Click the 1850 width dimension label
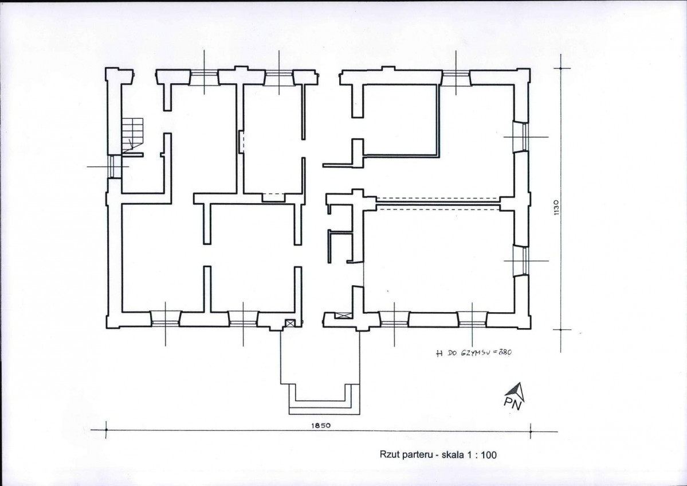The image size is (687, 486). coord(321,425)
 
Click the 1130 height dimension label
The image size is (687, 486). coord(556,208)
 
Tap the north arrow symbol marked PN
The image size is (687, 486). coord(515,396)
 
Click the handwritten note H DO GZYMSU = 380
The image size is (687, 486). coord(474,353)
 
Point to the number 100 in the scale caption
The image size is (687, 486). coord(489,455)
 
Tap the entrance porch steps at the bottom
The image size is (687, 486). coord(324,399)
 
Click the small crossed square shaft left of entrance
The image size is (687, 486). coord(289,323)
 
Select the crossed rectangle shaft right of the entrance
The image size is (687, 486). coord(343,315)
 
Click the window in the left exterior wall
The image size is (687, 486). coord(115,166)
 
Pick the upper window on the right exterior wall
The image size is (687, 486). coord(521,137)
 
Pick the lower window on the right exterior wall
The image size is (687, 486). coord(521,261)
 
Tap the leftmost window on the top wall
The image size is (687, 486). coord(204,77)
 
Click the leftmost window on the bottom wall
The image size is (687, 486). coord(165,319)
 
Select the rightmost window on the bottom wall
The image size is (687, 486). coord(472,319)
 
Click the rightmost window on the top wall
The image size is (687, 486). coord(456,77)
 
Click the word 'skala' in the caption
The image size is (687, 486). coord(452,455)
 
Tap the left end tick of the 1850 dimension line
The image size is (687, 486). coord(106,430)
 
